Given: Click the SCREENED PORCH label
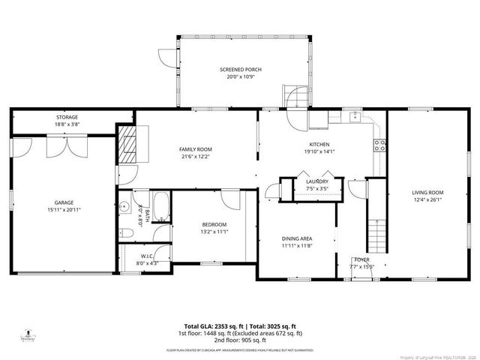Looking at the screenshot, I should coord(241,70).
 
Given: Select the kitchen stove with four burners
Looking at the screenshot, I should coord(379,145).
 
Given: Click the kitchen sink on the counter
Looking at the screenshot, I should coord(353,117).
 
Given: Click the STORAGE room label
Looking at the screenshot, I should coord(67,117).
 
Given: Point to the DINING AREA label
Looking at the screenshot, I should coord(297,238).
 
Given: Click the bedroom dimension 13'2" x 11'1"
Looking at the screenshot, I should coord(214,232).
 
